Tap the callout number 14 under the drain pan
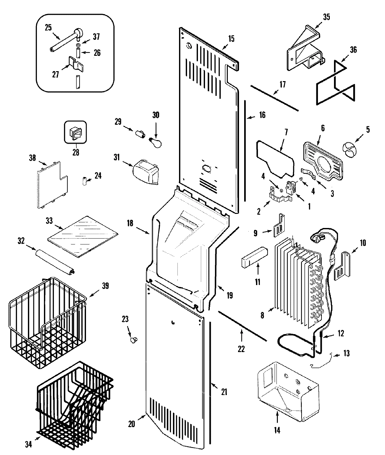pos(277,430)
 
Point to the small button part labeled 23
pos(133,339)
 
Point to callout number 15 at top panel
pos(231,39)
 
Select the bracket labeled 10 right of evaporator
pos(343,265)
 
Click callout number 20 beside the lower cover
pos(131,424)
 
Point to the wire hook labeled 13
pos(321,361)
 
